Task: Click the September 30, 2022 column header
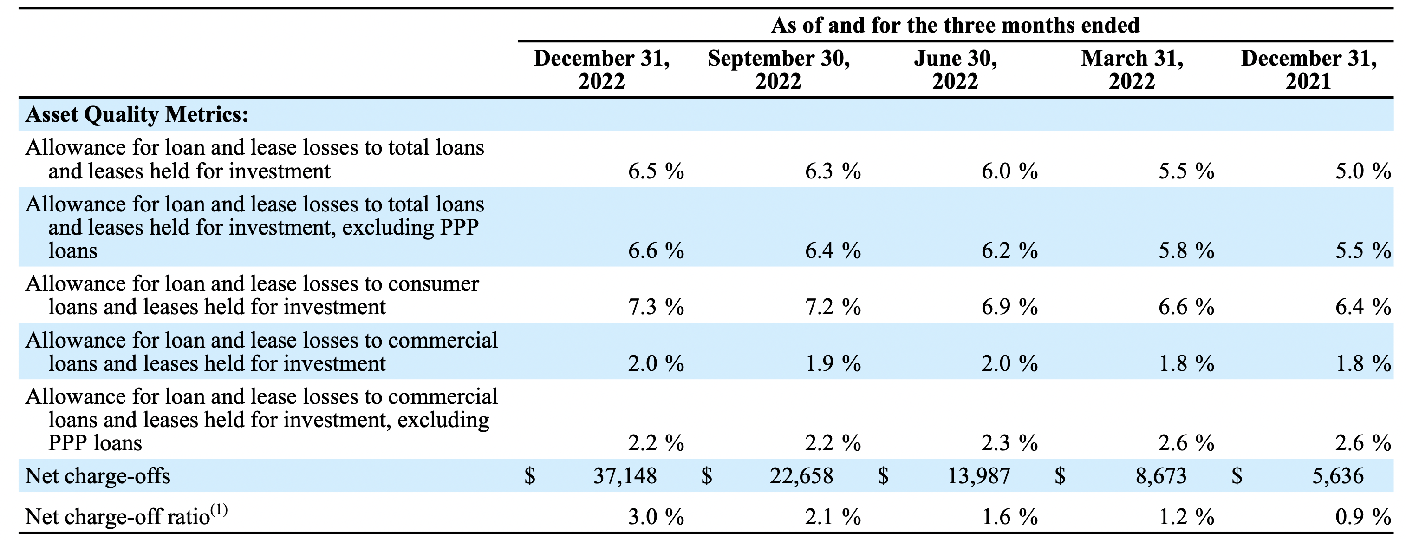tap(778, 70)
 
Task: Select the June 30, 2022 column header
tap(955, 70)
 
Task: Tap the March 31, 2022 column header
tap(1132, 70)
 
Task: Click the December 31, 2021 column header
tap(1309, 70)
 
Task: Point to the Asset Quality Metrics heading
tap(137, 115)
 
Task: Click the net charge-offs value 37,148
tap(625, 476)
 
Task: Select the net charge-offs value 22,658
tap(801, 476)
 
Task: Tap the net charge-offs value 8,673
tap(1161, 476)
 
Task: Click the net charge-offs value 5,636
tap(1338, 476)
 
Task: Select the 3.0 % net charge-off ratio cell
tap(656, 516)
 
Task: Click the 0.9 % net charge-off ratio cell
tap(1363, 516)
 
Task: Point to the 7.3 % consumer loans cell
tap(656, 307)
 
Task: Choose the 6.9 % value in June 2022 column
tap(1009, 307)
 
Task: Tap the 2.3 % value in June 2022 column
tap(1009, 443)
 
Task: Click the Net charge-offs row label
tap(98, 476)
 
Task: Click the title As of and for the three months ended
tap(955, 25)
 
